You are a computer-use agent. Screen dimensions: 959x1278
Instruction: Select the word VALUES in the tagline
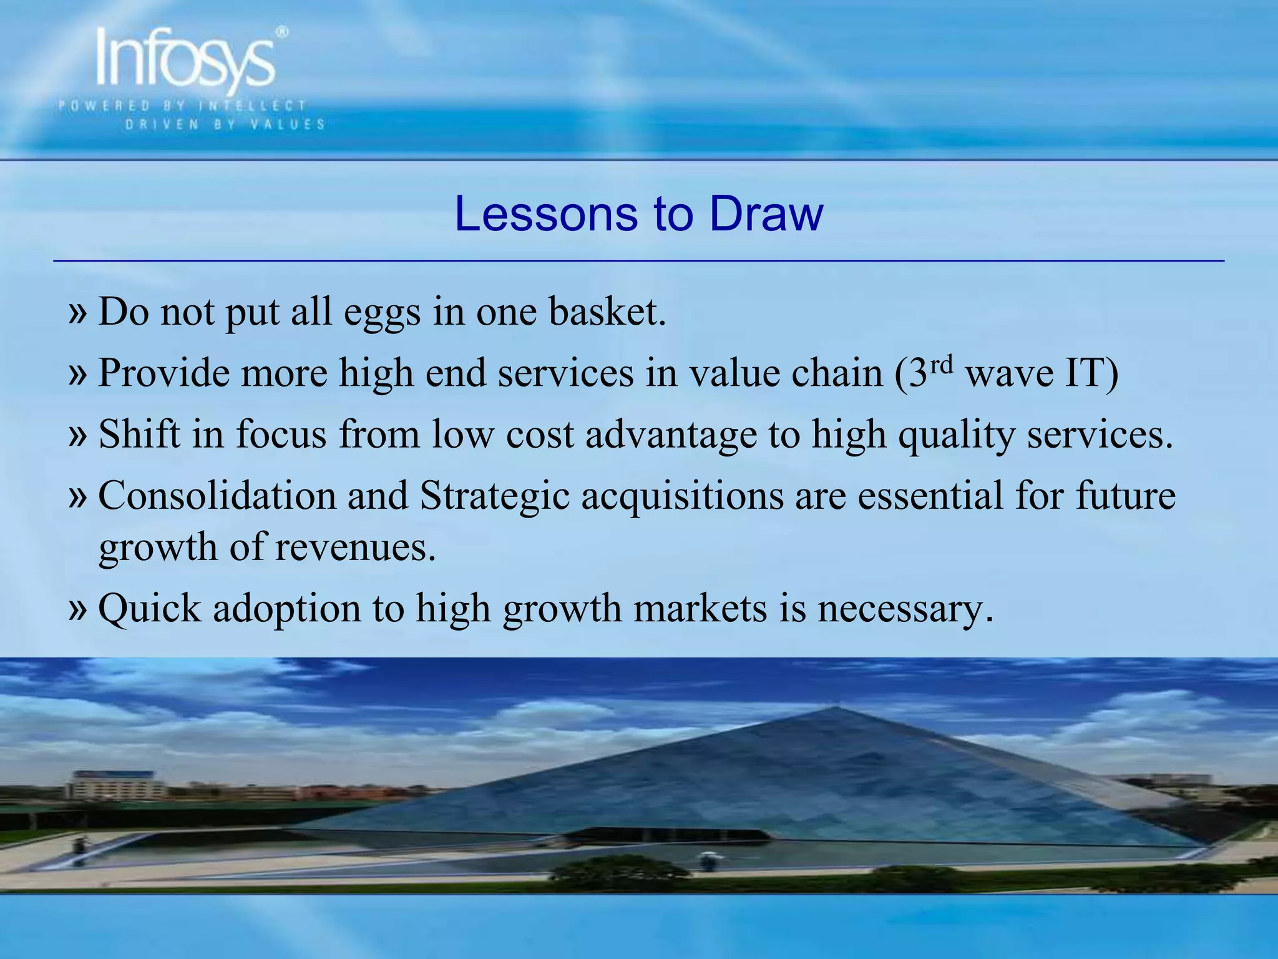click(x=288, y=124)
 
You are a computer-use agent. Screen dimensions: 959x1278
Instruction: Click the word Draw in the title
click(x=766, y=214)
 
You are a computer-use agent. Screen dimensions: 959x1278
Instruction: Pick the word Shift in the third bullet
click(x=139, y=433)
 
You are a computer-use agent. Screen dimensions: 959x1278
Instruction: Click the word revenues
click(x=354, y=547)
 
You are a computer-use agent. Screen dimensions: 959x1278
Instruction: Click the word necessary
click(x=905, y=609)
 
